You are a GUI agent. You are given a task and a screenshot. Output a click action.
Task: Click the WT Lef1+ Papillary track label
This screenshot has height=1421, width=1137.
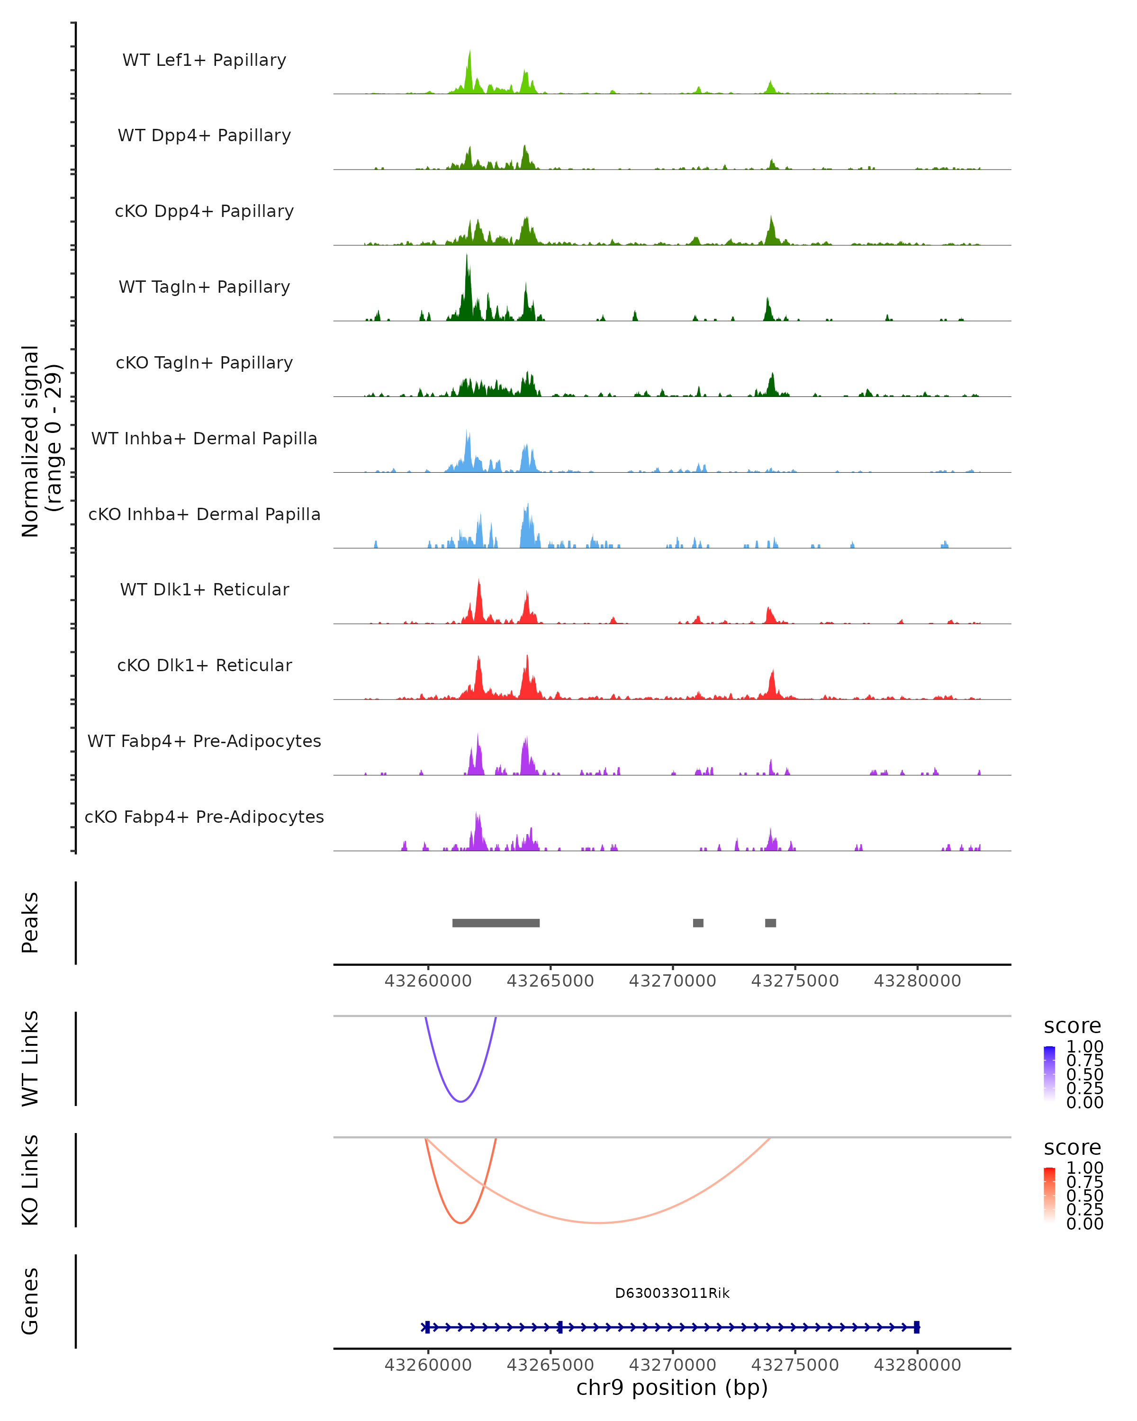204,60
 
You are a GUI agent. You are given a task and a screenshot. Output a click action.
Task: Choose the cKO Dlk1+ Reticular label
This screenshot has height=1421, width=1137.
204,665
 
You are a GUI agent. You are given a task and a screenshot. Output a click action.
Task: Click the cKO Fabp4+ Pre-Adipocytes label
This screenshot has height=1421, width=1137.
204,817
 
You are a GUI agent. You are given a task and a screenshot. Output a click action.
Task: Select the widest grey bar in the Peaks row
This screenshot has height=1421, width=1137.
496,923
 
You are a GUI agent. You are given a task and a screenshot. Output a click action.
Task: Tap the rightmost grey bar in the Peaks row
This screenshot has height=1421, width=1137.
770,923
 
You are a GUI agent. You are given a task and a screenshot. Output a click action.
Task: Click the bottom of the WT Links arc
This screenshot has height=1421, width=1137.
461,1101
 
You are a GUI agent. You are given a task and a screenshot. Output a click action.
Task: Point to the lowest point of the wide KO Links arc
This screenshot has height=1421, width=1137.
597,1223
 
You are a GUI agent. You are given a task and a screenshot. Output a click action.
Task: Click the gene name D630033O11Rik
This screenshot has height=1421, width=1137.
672,1293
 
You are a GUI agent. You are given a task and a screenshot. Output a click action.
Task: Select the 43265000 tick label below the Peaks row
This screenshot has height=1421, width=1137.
550,981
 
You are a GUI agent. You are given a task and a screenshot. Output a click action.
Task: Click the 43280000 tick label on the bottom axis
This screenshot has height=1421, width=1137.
917,1365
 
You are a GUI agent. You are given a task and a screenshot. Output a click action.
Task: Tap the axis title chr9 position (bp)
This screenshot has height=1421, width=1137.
672,1388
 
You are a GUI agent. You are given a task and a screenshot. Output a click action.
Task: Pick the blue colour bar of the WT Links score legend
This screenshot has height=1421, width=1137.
1049,1074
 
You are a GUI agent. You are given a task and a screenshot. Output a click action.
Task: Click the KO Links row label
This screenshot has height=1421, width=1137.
30,1180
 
